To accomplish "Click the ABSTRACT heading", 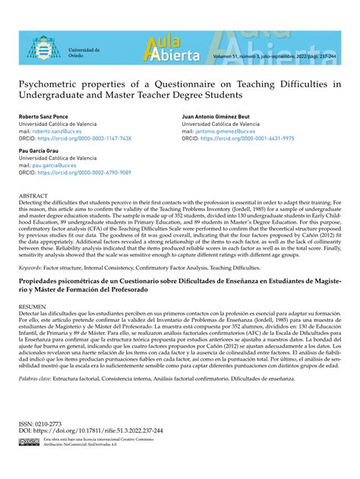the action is [34, 196].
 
